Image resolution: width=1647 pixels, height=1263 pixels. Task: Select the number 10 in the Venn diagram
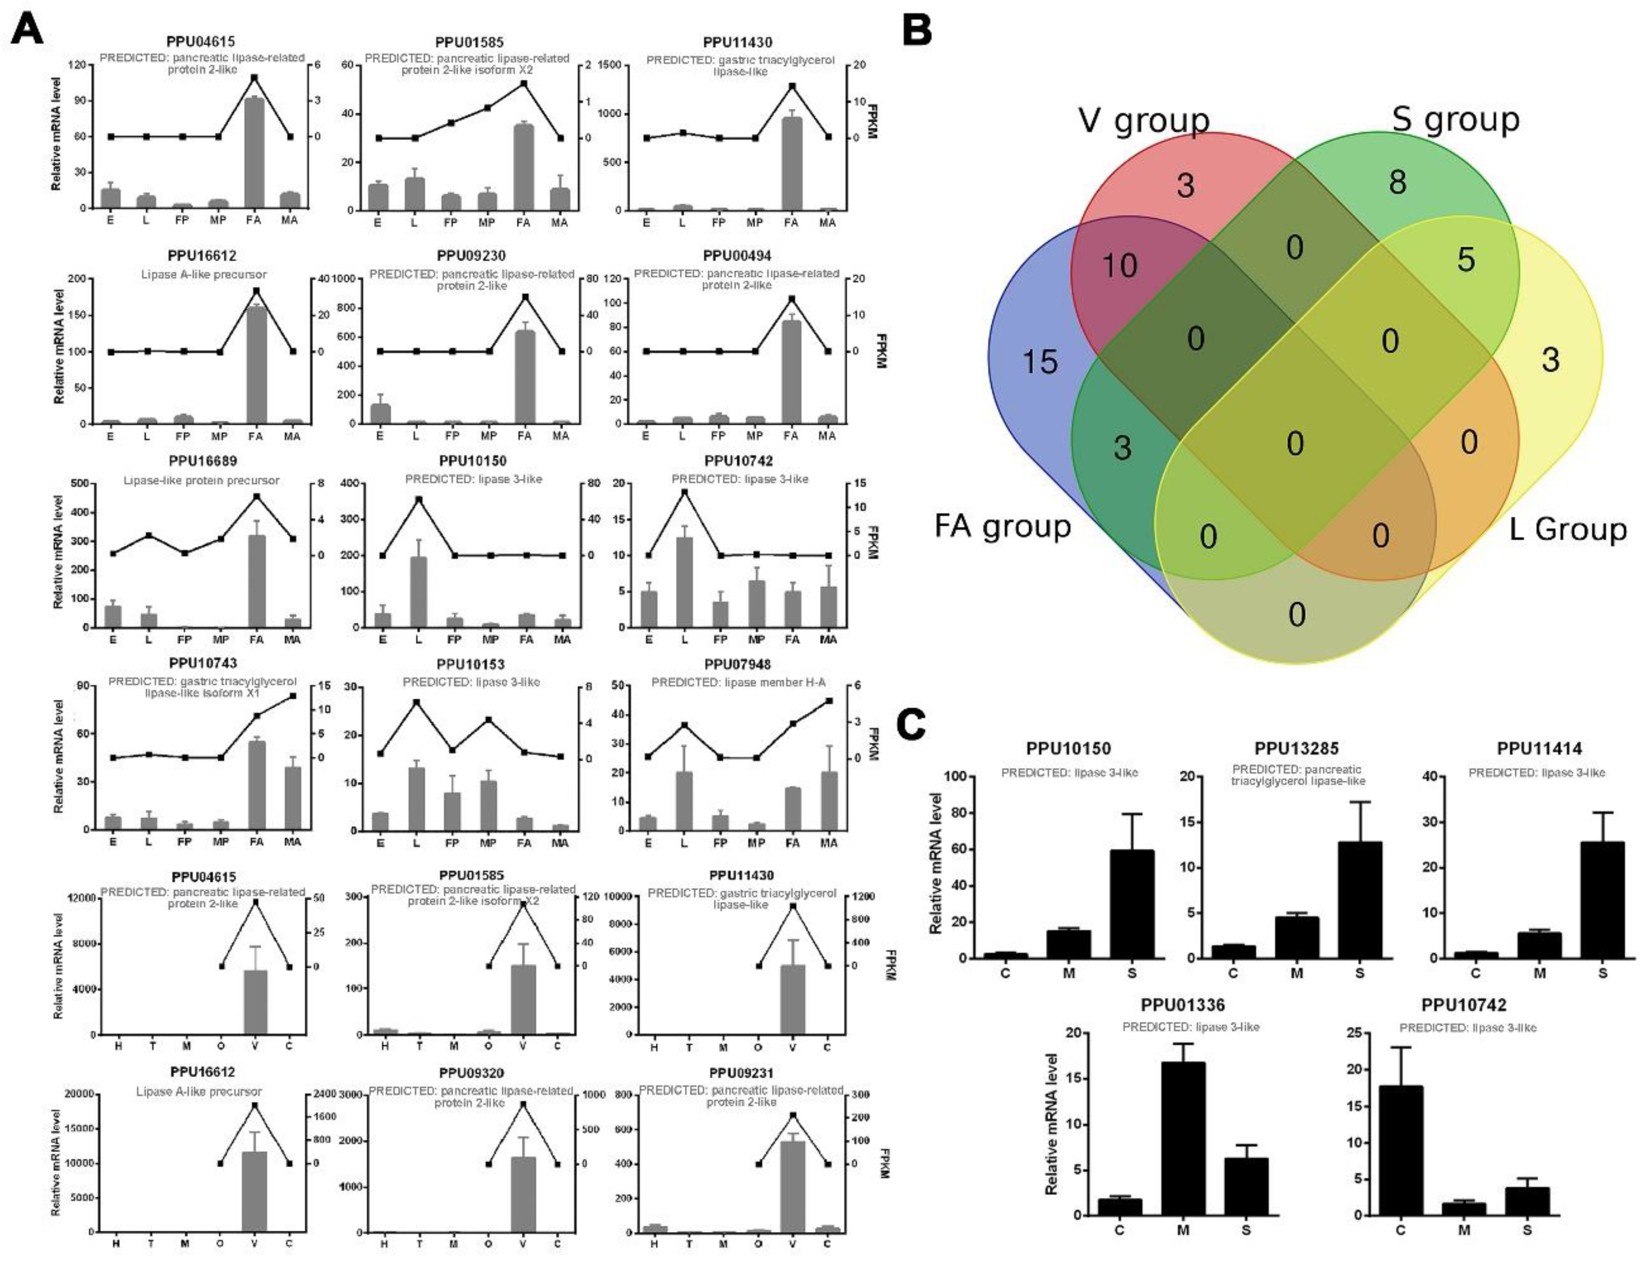pos(1119,265)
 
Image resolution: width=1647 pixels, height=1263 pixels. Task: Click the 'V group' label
pos(1143,121)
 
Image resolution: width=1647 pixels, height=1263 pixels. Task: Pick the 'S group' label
pos(1455,119)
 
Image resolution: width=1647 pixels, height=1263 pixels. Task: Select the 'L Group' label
pos(1568,529)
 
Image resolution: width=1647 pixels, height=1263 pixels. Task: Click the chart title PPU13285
pos(1296,748)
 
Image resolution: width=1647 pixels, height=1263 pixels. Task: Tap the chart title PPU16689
pos(201,461)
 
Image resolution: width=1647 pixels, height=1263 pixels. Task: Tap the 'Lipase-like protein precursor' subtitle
pos(201,480)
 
